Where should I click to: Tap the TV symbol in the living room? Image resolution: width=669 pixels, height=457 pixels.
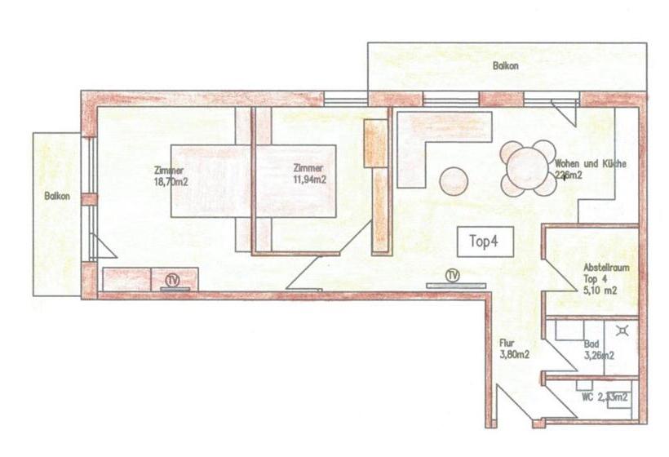(453, 275)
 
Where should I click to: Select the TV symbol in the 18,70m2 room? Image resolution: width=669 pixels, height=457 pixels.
(172, 280)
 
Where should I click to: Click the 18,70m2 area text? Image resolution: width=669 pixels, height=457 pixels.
(171, 183)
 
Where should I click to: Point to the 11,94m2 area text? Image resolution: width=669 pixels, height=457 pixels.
(310, 180)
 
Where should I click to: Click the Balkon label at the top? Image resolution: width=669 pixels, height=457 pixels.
(506, 66)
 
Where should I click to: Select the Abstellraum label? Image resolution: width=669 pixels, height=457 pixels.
(605, 268)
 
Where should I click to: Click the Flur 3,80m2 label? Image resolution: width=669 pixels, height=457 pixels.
(515, 349)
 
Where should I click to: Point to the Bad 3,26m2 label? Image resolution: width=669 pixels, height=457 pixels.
(598, 350)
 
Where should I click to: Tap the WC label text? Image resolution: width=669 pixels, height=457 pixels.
(605, 397)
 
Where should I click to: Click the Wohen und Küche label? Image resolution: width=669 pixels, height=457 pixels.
(590, 164)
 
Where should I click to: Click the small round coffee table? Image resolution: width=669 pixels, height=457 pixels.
(454, 180)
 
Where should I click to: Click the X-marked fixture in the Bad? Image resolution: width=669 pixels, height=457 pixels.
(624, 331)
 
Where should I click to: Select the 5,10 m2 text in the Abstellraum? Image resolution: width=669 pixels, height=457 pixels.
(600, 290)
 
